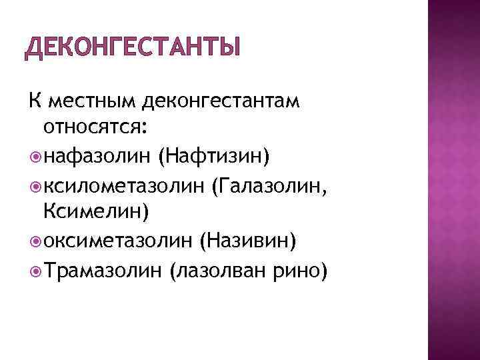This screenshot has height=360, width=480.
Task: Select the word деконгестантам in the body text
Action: point(221,102)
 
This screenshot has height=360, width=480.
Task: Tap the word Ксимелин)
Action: point(97,213)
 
